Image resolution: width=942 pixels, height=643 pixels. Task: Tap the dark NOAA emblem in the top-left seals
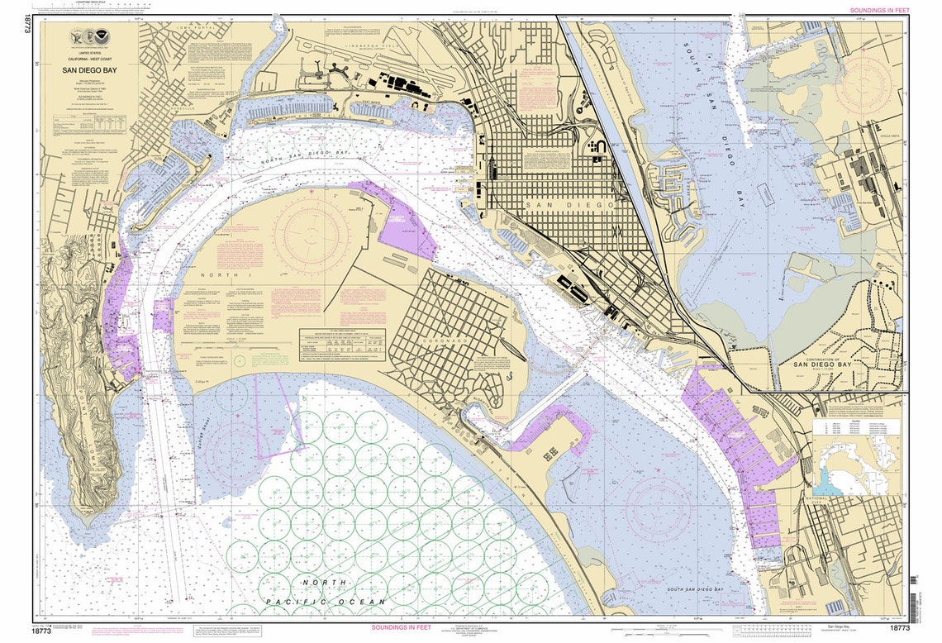point(90,38)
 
